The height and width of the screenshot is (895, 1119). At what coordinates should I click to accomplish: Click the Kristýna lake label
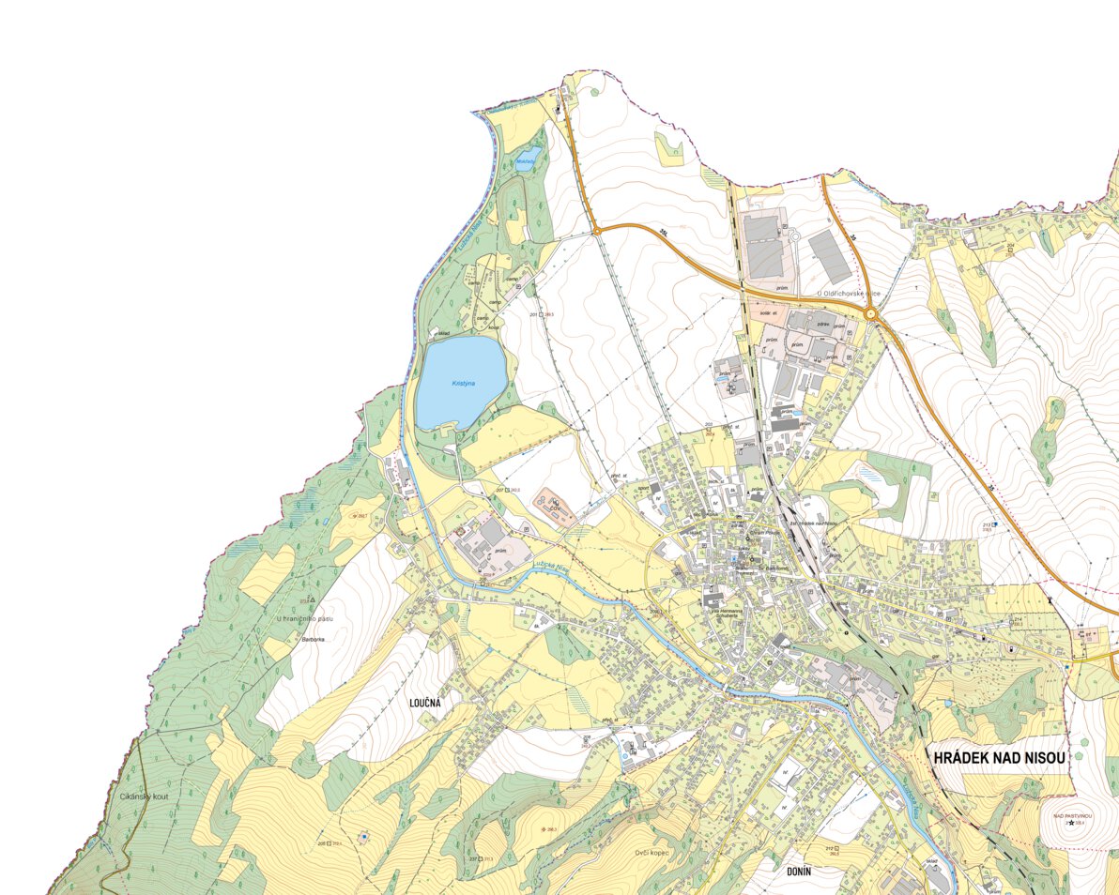(464, 384)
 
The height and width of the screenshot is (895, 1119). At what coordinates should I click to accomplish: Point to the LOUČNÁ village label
(424, 702)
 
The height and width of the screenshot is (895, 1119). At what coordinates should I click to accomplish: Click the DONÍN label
(793, 872)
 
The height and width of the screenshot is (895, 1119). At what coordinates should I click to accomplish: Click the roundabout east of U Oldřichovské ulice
(872, 315)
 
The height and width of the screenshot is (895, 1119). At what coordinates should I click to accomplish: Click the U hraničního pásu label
(305, 618)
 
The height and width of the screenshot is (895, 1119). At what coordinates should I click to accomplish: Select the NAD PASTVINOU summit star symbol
(1071, 823)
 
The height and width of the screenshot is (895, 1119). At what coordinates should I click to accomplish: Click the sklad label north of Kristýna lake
(444, 333)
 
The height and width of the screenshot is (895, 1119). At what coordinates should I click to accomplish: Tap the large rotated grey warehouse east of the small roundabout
(830, 255)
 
